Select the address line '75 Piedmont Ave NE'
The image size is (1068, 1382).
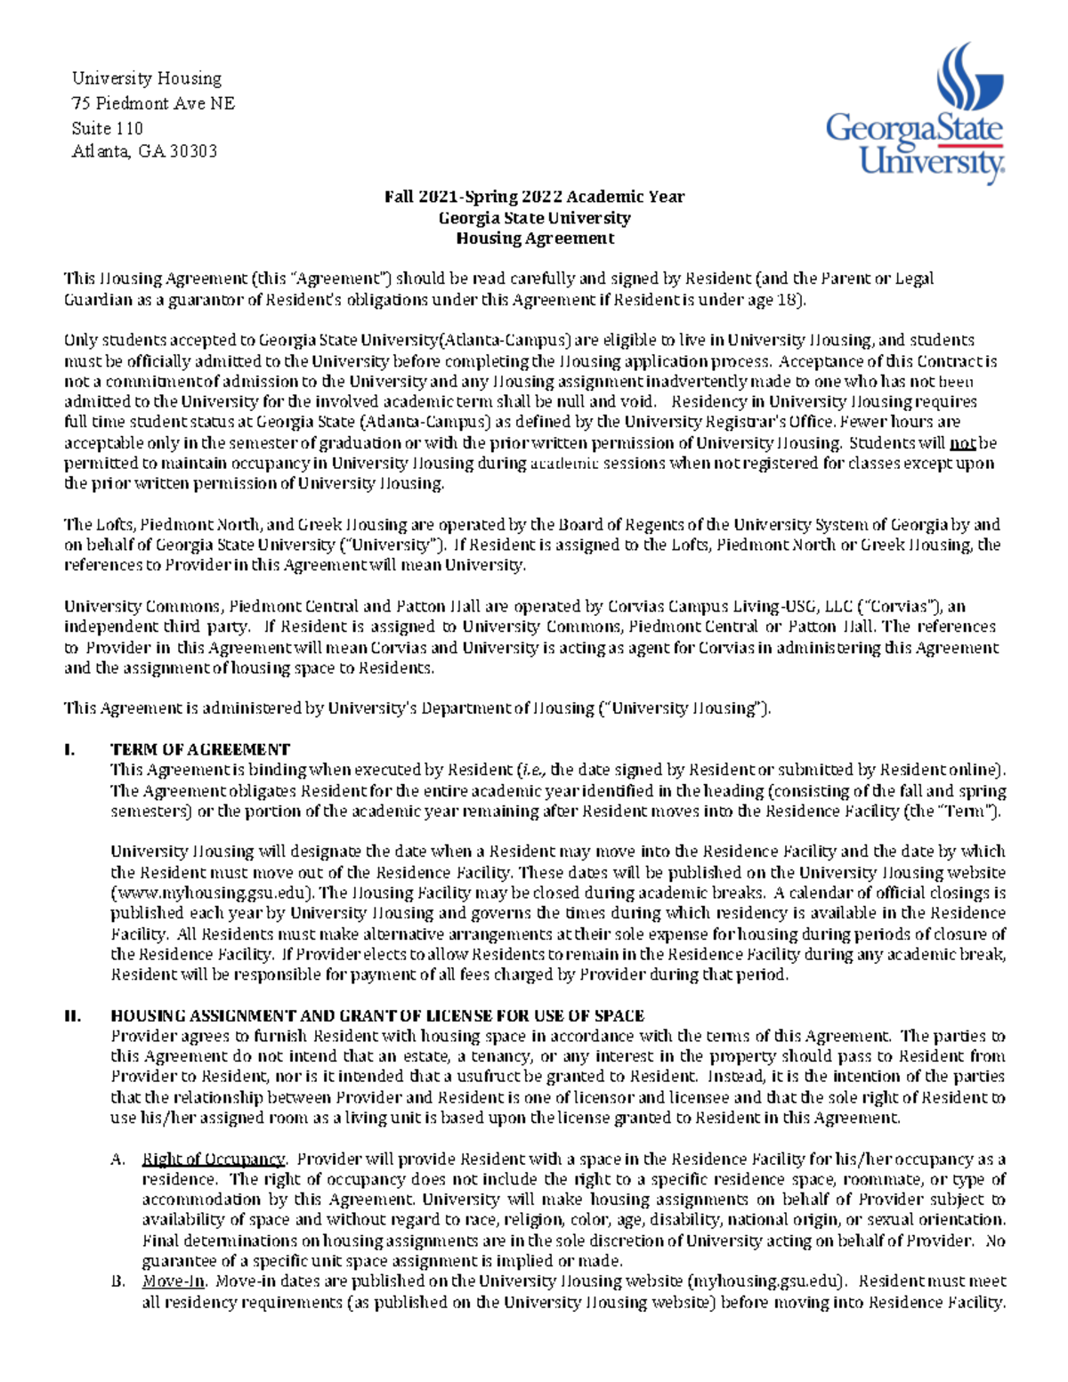coord(153,103)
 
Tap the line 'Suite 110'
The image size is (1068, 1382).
coord(107,127)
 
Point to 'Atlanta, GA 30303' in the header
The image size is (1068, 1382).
coord(144,151)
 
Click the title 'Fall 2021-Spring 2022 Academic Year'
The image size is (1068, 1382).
coord(534,197)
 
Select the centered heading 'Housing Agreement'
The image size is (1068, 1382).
coord(534,238)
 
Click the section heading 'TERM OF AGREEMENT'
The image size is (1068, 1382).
coord(199,749)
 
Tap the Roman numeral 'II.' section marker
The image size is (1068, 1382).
coord(73,1015)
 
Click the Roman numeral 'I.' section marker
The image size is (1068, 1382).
coord(69,749)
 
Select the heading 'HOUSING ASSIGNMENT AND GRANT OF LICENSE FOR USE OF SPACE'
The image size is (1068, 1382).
coord(377,1015)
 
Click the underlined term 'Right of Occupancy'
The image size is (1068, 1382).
coord(213,1159)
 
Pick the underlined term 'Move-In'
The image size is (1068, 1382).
coord(174,1281)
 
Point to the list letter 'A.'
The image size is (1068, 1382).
coord(117,1159)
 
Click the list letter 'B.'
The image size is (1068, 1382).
coord(117,1281)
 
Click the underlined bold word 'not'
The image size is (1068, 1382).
coord(962,443)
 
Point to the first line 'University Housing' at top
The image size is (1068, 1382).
coord(146,79)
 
